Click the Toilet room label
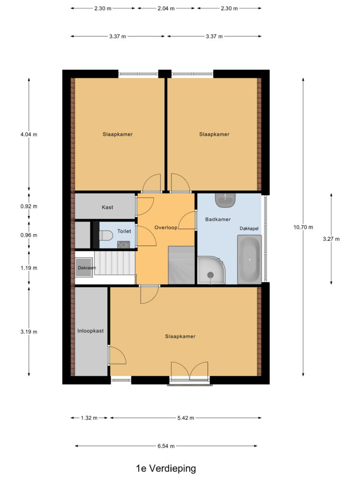pos(124,231)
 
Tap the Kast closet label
pos(107,207)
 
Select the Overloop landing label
pos(166,227)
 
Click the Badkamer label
pos(218,219)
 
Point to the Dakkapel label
pos(249,229)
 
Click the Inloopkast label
pos(90,330)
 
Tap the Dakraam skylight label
pos(87,268)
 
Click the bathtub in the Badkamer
pos(249,260)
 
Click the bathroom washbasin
pos(226,200)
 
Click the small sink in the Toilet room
pos(123,244)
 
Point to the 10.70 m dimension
pos(303,227)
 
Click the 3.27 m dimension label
pos(331,239)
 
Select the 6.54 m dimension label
pos(166,446)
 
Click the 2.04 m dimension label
pos(166,8)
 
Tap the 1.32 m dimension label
pos(89,418)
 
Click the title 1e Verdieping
pos(166,468)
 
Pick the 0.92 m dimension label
pos(29,206)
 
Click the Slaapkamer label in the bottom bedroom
pos(180,337)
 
